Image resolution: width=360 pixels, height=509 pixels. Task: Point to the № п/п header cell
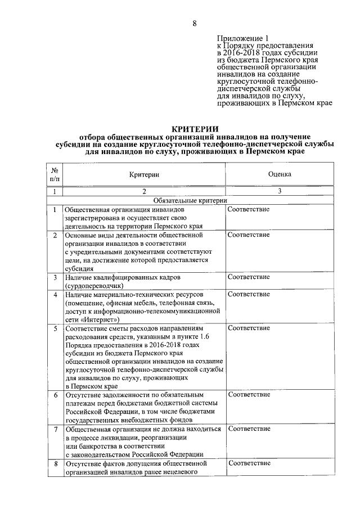coord(55,174)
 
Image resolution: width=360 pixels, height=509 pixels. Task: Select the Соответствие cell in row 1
coord(248,210)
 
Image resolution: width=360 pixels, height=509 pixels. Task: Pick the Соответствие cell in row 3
coord(248,277)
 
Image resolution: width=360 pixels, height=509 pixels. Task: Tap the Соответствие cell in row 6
coord(248,394)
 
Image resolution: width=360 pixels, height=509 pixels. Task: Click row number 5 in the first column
coord(55,327)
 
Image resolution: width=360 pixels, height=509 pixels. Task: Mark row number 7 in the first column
coord(55,429)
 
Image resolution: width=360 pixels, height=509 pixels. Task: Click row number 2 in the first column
coord(55,235)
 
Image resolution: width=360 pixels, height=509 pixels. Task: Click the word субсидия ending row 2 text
coord(79,269)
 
